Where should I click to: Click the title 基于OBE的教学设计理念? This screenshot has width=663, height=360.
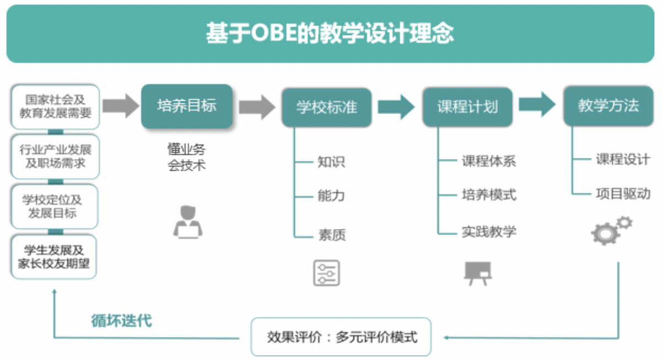[330, 34]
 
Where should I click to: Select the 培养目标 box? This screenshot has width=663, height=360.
[187, 106]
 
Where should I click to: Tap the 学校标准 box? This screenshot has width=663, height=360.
[327, 107]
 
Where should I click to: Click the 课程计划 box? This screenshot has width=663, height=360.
[468, 107]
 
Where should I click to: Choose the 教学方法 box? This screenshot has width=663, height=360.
[608, 106]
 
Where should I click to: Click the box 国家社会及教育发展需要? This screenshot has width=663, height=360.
[55, 106]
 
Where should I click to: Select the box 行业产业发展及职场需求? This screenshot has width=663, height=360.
[55, 156]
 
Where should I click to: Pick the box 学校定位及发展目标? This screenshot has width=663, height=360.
[55, 206]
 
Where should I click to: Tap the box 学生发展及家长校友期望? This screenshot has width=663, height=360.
[55, 257]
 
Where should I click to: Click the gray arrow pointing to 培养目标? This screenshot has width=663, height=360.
[121, 106]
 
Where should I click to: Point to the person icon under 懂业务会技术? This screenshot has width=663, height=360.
[187, 221]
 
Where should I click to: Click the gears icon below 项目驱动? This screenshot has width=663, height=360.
[610, 230]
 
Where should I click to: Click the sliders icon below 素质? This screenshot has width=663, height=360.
[327, 273]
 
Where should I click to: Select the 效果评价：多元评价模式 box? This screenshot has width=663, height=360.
[341, 336]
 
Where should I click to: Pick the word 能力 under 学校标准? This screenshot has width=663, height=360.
[331, 196]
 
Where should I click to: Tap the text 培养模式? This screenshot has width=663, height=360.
[488, 195]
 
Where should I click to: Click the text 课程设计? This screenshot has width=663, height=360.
[623, 160]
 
